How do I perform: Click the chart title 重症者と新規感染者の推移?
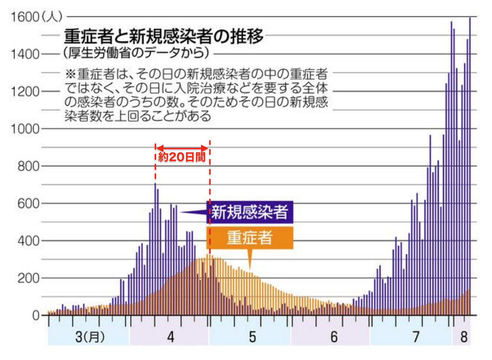(164, 36)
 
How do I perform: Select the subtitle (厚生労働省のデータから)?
(136, 53)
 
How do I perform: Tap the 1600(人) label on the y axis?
(36, 17)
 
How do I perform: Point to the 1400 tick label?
(25, 54)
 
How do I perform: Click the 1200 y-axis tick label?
(25, 91)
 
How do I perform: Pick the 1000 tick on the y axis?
(25, 129)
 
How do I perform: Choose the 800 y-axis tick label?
(28, 166)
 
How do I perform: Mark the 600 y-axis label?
(28, 204)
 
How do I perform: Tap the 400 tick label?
(28, 241)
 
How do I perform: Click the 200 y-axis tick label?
(28, 278)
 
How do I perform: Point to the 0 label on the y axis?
(35, 315)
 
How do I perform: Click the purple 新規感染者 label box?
(250, 212)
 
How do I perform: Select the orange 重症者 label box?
(250, 237)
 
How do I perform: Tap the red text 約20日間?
(182, 157)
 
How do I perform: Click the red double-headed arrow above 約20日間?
(182, 148)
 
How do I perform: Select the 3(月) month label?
(89, 336)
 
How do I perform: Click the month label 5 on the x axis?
(252, 336)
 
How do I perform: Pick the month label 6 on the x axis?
(334, 336)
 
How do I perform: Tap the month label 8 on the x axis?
(464, 336)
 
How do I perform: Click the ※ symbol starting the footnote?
(70, 74)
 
